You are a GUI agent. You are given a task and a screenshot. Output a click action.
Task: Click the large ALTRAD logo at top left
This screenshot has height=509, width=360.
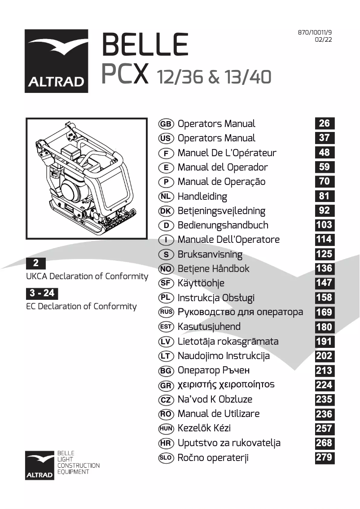[56, 61]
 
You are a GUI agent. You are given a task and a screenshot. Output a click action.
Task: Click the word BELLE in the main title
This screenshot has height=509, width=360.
[145, 45]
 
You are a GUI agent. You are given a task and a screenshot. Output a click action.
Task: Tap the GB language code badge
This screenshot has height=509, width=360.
[166, 124]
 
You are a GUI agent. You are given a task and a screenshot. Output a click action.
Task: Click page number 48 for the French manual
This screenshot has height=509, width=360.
[324, 153]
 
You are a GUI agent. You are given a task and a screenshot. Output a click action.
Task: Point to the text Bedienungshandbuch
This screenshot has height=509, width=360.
[223, 225]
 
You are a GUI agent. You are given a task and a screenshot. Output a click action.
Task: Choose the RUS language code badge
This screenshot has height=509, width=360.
[166, 312]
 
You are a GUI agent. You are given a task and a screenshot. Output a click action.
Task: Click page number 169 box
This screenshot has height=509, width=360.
[324, 312]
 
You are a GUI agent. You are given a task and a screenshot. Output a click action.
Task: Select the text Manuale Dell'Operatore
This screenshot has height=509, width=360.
[228, 240]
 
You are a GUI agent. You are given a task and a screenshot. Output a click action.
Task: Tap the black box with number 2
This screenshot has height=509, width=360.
[36, 263]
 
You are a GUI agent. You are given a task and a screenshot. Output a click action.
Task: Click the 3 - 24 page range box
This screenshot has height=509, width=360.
[42, 294]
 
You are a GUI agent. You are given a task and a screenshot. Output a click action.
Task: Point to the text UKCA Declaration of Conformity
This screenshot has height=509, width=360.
[87, 276]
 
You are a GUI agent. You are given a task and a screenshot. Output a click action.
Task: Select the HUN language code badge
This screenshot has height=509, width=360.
[166, 429]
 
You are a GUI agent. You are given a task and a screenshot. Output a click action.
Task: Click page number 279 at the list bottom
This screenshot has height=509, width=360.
[324, 457]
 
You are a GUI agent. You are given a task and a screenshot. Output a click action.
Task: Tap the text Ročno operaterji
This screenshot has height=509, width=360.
[213, 458]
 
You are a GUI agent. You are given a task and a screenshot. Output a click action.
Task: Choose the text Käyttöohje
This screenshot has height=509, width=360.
[201, 283]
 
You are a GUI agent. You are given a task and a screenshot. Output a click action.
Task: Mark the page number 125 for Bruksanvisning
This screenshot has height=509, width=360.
[324, 254]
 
